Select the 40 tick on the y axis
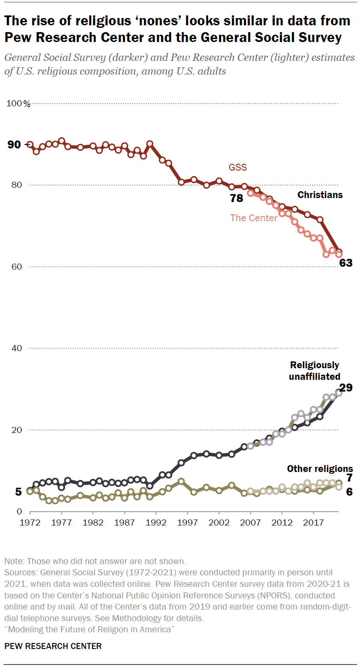click(x=16, y=348)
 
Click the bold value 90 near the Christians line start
click(x=14, y=145)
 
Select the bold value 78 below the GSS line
click(x=236, y=198)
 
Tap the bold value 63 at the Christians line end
click(x=345, y=263)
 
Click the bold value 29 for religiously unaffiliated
click(x=346, y=388)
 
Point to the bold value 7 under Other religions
click(x=349, y=478)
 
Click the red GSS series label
click(x=238, y=168)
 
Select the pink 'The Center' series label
click(x=254, y=218)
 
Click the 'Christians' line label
click(x=320, y=195)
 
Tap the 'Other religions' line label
click(x=320, y=469)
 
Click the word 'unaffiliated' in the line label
click(x=315, y=376)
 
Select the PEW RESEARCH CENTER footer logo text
click(x=53, y=646)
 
